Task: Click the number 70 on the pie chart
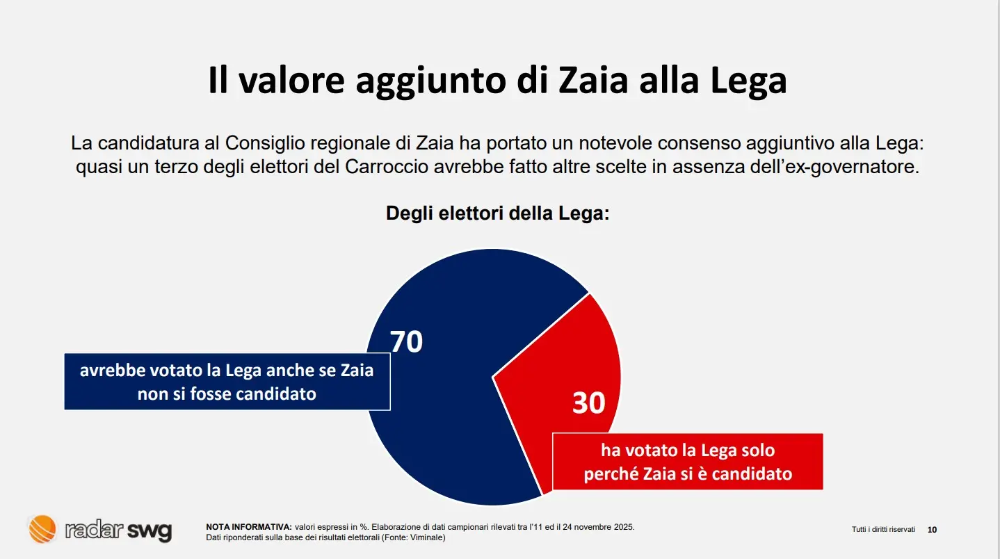click(406, 341)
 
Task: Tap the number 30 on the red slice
click(588, 403)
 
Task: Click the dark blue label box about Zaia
click(227, 382)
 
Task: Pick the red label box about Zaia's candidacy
click(687, 462)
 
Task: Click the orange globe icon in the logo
click(42, 529)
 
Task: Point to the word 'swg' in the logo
click(149, 530)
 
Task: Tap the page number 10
click(933, 530)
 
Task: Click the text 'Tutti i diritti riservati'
click(883, 530)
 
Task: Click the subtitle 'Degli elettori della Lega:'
click(497, 213)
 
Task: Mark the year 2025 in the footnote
click(624, 526)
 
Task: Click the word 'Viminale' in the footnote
click(426, 537)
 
